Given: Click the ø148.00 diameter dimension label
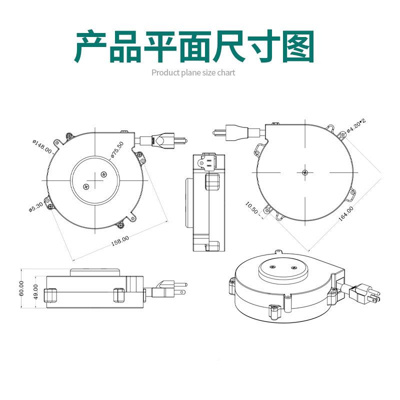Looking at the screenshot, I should [x=43, y=145].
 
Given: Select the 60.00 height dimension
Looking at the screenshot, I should [x=21, y=288].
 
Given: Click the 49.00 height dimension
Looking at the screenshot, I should [x=35, y=291].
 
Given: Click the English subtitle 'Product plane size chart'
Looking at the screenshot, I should [x=193, y=72].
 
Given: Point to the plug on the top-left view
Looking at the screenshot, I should [x=165, y=140].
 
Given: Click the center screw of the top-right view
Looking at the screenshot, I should [x=304, y=172].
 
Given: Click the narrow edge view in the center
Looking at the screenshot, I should [x=206, y=202].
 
